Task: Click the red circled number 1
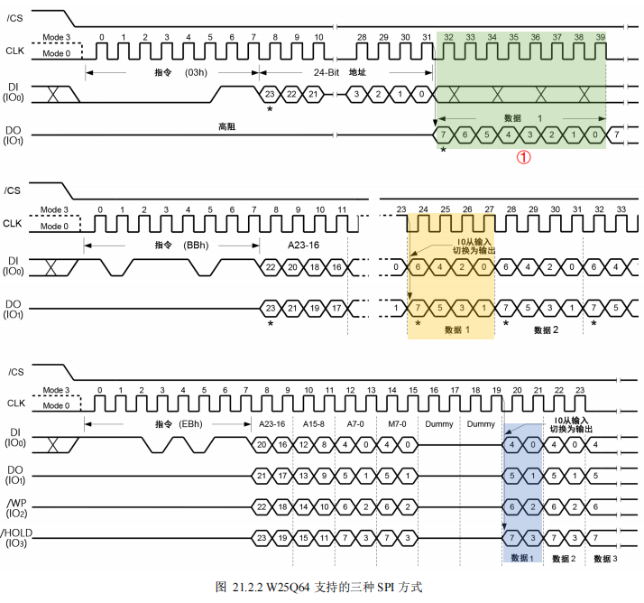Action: click(523, 157)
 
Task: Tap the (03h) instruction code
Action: click(196, 73)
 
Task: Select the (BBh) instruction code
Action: click(196, 246)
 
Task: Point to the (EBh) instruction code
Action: click(190, 423)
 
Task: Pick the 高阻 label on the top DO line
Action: click(226, 126)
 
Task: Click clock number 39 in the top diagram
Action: click(601, 37)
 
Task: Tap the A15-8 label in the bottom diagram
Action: click(313, 423)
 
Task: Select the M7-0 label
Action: click(397, 423)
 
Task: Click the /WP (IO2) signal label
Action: click(16, 508)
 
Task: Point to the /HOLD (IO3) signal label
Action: click(16, 538)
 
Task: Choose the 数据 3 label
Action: click(605, 559)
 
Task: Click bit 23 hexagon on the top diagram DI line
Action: click(270, 94)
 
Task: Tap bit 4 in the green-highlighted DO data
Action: click(508, 135)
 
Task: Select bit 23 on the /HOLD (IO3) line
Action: click(262, 538)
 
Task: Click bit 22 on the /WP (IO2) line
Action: click(262, 506)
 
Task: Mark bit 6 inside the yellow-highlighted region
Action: click(418, 267)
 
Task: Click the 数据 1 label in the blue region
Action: click(522, 558)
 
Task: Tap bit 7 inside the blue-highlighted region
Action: click(511, 538)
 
